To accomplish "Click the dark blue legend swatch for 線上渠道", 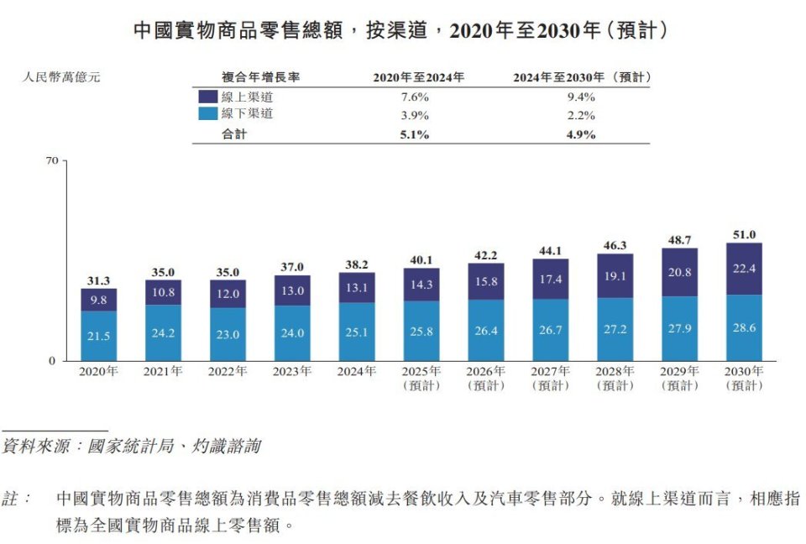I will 207,97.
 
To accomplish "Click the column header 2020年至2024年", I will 418,77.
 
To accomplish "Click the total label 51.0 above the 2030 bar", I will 744,235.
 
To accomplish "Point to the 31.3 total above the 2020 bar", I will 98,280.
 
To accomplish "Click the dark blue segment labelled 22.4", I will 744,269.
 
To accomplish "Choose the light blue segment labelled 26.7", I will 551,331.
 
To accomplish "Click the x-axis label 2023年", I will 292,371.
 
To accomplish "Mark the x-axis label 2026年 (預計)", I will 486,378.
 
